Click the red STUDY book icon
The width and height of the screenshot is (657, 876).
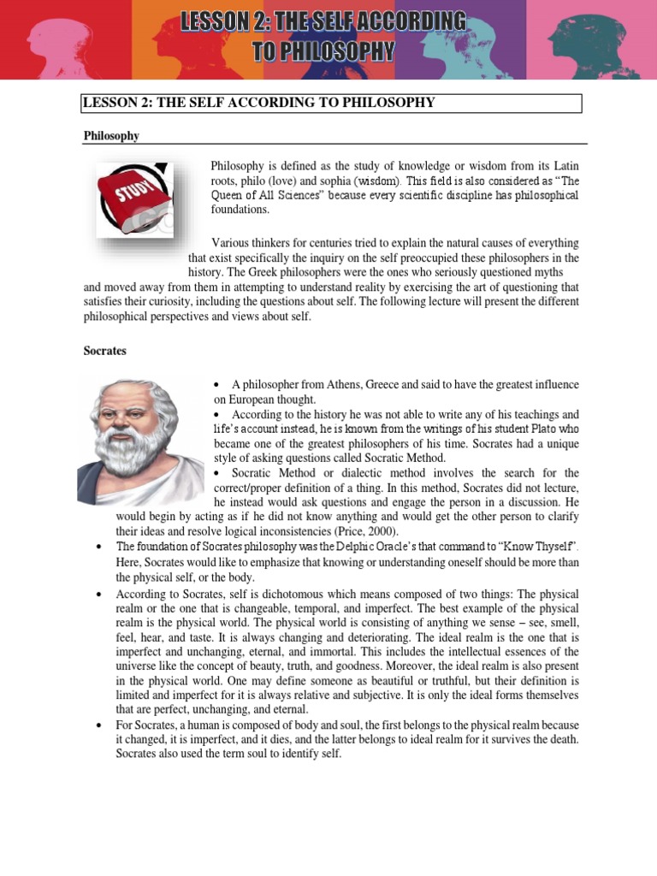click(x=133, y=200)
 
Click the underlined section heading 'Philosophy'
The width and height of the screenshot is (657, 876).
click(x=111, y=136)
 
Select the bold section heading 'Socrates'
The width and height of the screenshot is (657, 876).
click(x=104, y=351)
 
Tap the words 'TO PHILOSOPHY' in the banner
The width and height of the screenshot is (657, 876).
click(x=323, y=52)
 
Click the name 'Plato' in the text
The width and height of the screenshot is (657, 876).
click(x=531, y=429)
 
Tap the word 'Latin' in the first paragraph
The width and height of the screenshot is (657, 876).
click(x=565, y=165)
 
